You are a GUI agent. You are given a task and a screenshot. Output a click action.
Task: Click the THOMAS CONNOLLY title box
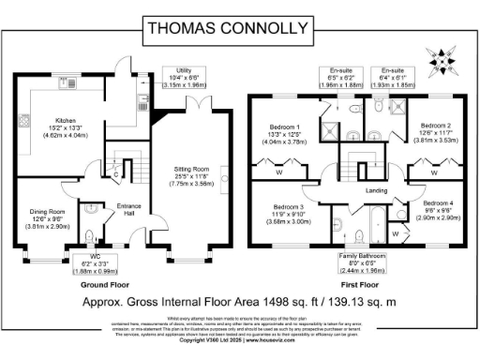[x=239, y=28]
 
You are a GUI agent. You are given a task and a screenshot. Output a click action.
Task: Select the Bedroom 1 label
[x=286, y=132]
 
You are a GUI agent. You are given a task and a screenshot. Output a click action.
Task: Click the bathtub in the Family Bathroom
[x=369, y=228]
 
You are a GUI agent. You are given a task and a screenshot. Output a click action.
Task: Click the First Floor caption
[x=360, y=282]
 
